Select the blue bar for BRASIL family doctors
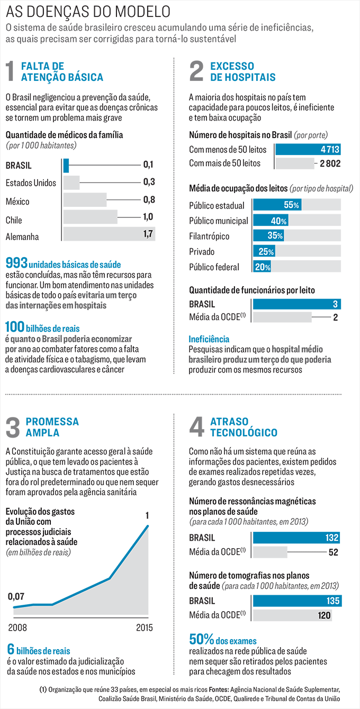pyautogui.click(x=66, y=165)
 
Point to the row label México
pyautogui.click(x=17, y=201)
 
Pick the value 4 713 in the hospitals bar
pyautogui.click(x=330, y=149)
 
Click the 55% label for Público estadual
pyautogui.click(x=292, y=205)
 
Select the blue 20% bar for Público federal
pyautogui.click(x=262, y=267)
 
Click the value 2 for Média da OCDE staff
pyautogui.click(x=336, y=317)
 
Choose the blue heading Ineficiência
pyautogui.click(x=209, y=339)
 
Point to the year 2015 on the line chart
pyautogui.click(x=143, y=628)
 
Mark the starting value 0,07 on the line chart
pyautogui.click(x=16, y=596)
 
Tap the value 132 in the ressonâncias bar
pyautogui.click(x=331, y=538)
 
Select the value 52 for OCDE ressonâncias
pyautogui.click(x=334, y=553)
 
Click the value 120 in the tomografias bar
pyautogui.click(x=323, y=615)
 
